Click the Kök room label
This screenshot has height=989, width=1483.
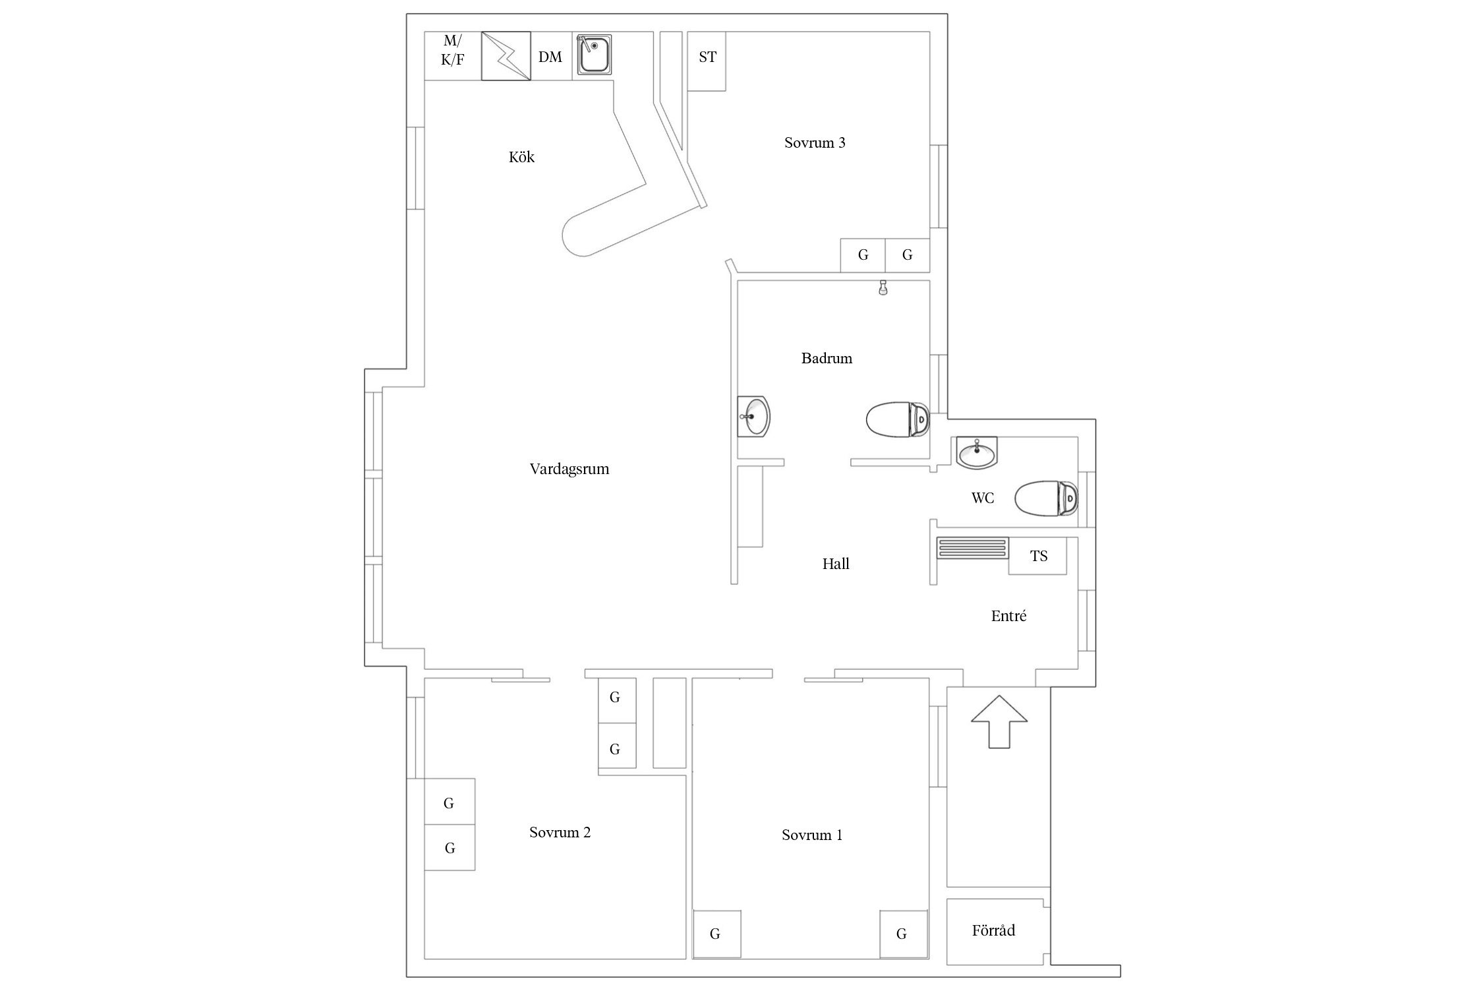point(521,157)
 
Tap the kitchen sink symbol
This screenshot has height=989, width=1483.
point(595,54)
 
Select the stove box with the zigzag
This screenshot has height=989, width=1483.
point(506,56)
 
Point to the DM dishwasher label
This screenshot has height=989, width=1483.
point(550,57)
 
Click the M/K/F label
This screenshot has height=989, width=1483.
point(452,51)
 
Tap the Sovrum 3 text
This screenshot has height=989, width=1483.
point(815,142)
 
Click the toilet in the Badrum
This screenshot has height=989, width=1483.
point(897,419)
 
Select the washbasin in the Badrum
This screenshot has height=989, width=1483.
point(754,417)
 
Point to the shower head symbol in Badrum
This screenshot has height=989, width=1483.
point(883,287)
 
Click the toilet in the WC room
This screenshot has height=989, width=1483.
point(1046,498)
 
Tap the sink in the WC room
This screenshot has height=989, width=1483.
point(977,452)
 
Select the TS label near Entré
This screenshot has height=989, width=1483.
point(1039,556)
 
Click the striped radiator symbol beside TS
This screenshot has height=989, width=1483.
point(973,548)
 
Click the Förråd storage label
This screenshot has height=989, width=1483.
point(993,930)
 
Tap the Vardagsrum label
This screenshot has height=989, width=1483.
point(569,469)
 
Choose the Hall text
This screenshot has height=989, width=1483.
point(836,564)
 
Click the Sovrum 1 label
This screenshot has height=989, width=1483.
point(812,835)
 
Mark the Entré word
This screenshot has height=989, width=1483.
point(1008,616)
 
